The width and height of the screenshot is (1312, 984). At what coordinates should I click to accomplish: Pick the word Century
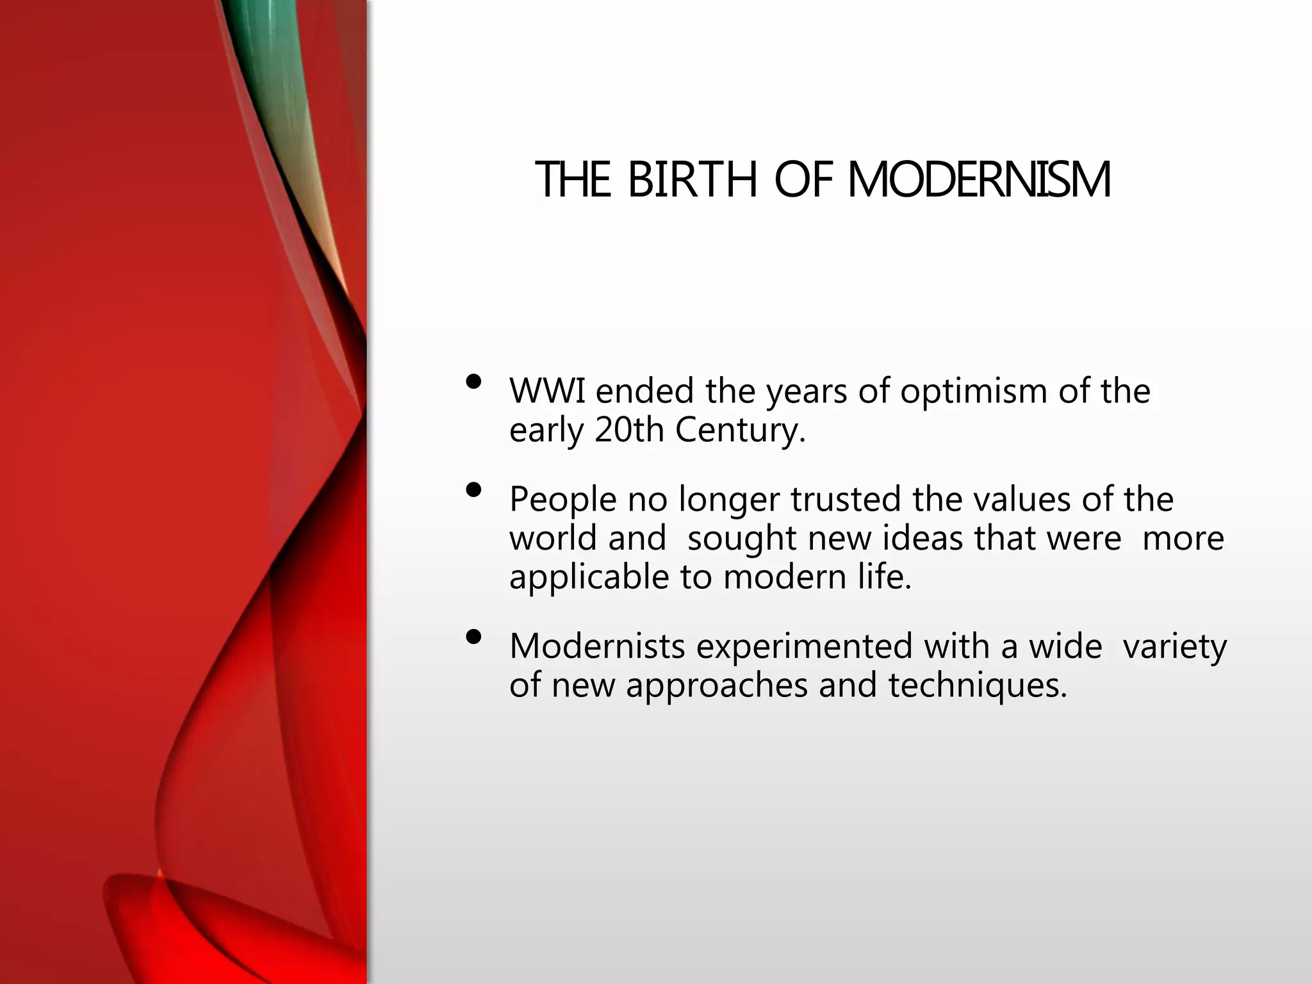739,431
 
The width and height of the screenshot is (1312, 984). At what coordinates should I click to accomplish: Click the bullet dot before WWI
474,382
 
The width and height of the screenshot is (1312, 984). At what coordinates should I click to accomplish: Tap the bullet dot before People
474,491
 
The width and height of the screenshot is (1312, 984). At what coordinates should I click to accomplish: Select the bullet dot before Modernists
474,637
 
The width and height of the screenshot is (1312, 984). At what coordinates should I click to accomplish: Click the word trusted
846,499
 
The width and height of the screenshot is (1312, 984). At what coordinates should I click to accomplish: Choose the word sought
741,539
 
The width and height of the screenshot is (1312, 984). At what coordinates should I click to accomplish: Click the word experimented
804,647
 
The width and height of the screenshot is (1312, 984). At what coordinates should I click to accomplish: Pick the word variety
1175,647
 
